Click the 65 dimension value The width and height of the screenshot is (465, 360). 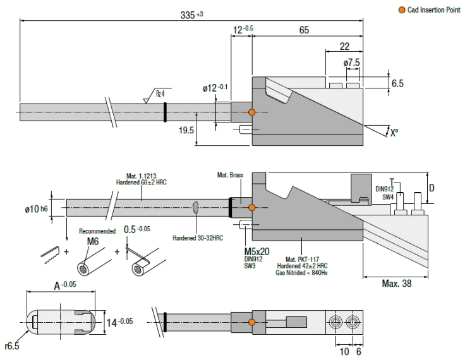click(304, 30)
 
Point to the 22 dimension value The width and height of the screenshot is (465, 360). click(344, 46)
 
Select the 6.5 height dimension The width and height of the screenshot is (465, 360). click(397, 83)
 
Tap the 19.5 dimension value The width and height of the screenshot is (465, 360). click(186, 129)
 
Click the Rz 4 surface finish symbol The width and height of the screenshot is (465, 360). click(160, 94)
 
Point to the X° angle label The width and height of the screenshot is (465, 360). click(394, 133)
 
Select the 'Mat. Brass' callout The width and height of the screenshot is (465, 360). click(230, 175)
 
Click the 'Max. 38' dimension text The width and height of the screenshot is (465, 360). click(397, 284)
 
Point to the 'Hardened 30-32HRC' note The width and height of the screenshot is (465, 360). click(198, 238)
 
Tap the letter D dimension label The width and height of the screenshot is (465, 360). click(432, 188)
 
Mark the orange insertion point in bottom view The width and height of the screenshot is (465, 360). click(252, 323)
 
